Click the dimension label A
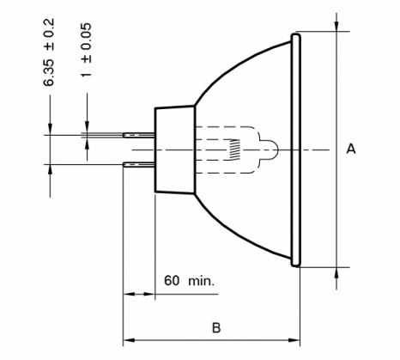pos(351,149)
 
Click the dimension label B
pos(216,327)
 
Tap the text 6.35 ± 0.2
pos(48,52)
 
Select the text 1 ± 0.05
pos(86,50)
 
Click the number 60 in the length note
pos(172,280)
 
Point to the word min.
pos(201,281)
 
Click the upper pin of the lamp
pos(139,135)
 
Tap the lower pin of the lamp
pos(139,164)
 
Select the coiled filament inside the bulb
pos(234,149)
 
